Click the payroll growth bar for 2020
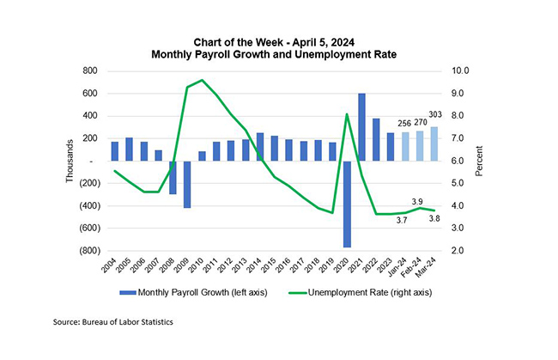click(348, 204)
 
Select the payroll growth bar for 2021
click(362, 126)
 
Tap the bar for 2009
click(186, 184)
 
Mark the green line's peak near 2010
click(202, 80)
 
